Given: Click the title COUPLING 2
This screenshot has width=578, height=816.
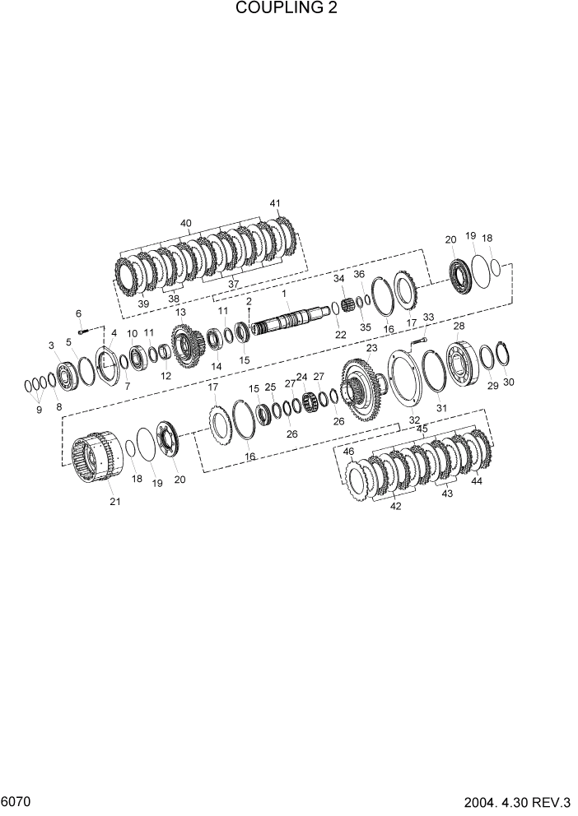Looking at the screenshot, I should click(287, 9).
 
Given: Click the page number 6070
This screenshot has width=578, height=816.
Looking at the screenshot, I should click(16, 800).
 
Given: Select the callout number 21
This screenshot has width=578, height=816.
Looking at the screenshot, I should click(114, 501).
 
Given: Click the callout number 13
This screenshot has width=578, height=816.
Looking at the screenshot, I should click(180, 313).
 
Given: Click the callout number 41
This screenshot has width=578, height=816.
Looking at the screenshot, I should click(275, 203).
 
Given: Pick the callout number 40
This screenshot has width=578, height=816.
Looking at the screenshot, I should click(185, 223).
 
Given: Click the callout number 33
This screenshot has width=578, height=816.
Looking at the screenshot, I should click(428, 317).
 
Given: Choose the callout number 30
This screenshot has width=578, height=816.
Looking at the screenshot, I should click(508, 382).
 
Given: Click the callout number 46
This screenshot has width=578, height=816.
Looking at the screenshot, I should click(349, 452).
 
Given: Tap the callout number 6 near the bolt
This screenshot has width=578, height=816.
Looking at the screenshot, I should click(78, 313).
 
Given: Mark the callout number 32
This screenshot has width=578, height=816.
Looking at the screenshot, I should click(414, 420).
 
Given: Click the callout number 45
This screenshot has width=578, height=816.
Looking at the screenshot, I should click(422, 429).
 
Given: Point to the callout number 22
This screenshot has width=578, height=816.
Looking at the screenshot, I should click(340, 335).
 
